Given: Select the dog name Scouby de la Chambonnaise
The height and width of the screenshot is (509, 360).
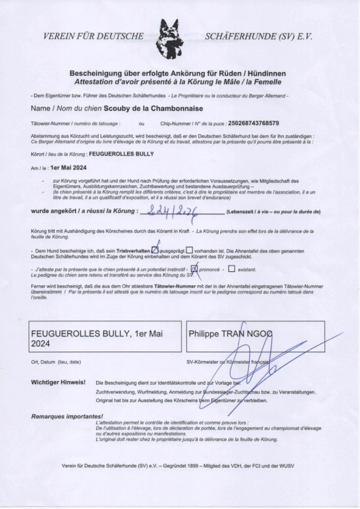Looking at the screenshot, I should [154, 108].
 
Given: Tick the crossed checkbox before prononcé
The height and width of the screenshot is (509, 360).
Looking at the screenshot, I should [194, 269].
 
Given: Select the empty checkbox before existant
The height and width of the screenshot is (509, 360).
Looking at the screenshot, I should [231, 269].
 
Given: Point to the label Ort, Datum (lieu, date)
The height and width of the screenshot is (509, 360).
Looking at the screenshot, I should [54, 362].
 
